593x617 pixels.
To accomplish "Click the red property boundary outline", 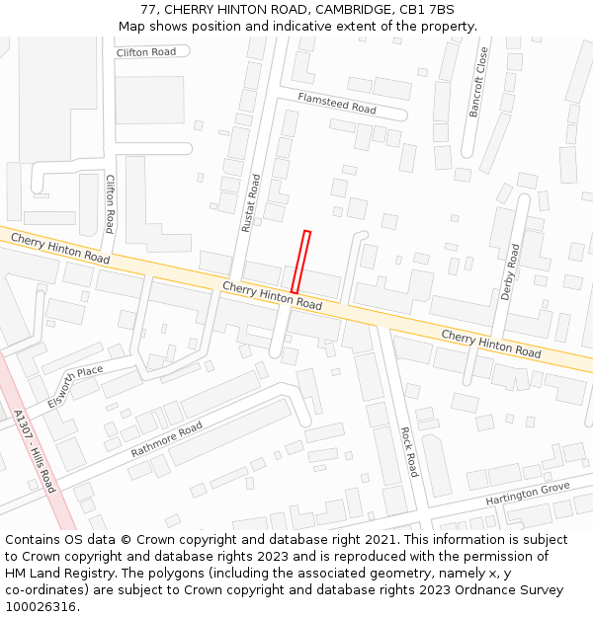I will coord(300,262).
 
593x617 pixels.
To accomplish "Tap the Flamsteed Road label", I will coord(337,103).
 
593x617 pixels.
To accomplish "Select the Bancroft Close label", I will coord(478,82).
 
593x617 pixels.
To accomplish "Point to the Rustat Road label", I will coord(251,203).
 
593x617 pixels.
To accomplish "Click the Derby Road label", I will coord(510,272).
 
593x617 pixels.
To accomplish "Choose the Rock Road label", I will coord(410,451).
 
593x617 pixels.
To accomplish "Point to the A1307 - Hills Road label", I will coord(37,453).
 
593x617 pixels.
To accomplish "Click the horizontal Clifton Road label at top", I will coord(145,52).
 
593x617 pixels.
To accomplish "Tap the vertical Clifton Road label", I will coord(110,203).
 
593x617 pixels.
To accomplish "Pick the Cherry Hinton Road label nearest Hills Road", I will coord(60,247).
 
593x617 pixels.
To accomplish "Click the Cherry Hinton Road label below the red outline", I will coord(272,295).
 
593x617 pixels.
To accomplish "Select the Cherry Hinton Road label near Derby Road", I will coord(490,345).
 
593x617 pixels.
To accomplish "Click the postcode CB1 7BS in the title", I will coord(427,10).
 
